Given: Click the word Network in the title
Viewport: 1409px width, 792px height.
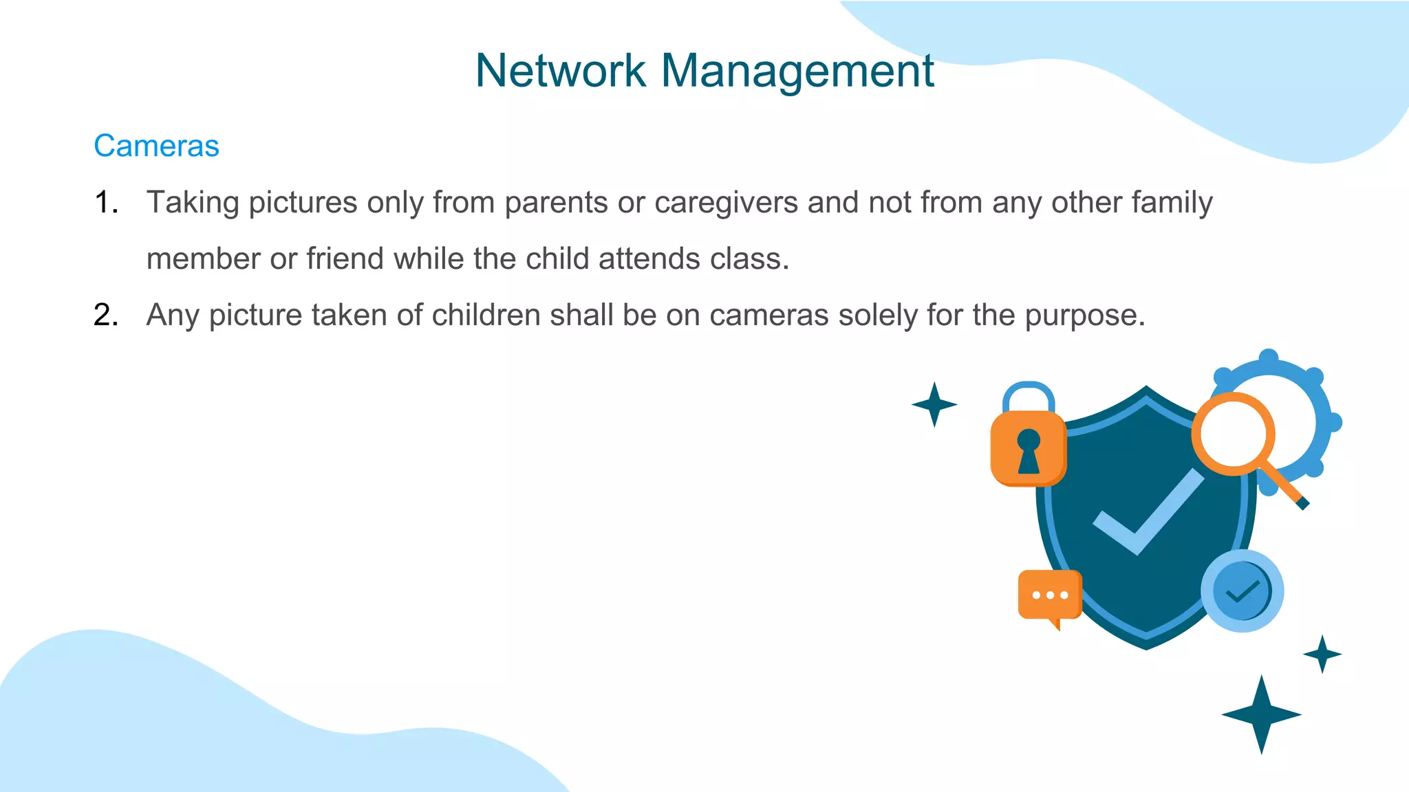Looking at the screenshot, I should pyautogui.click(x=560, y=71).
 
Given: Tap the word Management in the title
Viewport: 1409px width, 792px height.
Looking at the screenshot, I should pyautogui.click(x=797, y=71).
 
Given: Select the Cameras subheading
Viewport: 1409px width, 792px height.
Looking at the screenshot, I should pyautogui.click(x=156, y=146).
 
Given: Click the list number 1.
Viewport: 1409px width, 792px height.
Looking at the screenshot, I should pyautogui.click(x=105, y=203).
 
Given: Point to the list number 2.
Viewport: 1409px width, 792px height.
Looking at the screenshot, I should pyautogui.click(x=105, y=316).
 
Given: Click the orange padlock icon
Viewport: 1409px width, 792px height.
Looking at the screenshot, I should pyautogui.click(x=1028, y=448).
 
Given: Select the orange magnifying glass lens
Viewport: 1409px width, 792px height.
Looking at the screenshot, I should pyautogui.click(x=1233, y=434).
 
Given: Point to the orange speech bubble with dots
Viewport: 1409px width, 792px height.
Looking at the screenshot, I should pyautogui.click(x=1049, y=595).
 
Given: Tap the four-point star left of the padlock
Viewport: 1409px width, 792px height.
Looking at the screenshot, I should pyautogui.click(x=934, y=404).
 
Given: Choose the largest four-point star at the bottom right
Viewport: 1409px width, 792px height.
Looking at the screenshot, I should pyautogui.click(x=1261, y=714).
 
